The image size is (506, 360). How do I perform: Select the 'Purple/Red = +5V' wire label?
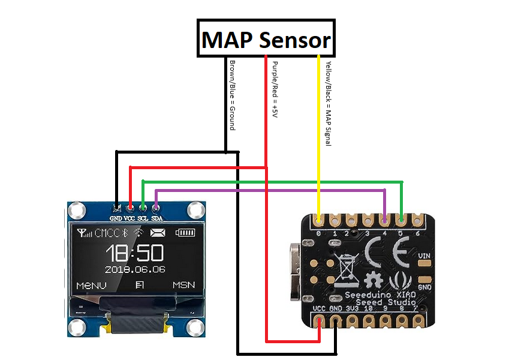click(x=275, y=91)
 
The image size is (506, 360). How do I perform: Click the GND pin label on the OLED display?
click(x=116, y=219)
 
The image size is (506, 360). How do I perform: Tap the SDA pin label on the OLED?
click(x=156, y=219)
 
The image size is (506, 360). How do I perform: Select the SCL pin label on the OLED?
click(x=143, y=219)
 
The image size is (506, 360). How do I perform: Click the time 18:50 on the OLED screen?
click(x=135, y=251)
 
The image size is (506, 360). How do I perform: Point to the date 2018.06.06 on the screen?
click(x=135, y=269)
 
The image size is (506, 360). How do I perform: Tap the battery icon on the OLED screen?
click(x=185, y=233)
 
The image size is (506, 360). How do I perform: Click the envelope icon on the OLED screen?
click(x=158, y=233)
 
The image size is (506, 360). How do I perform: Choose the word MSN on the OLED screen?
click(x=183, y=284)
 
